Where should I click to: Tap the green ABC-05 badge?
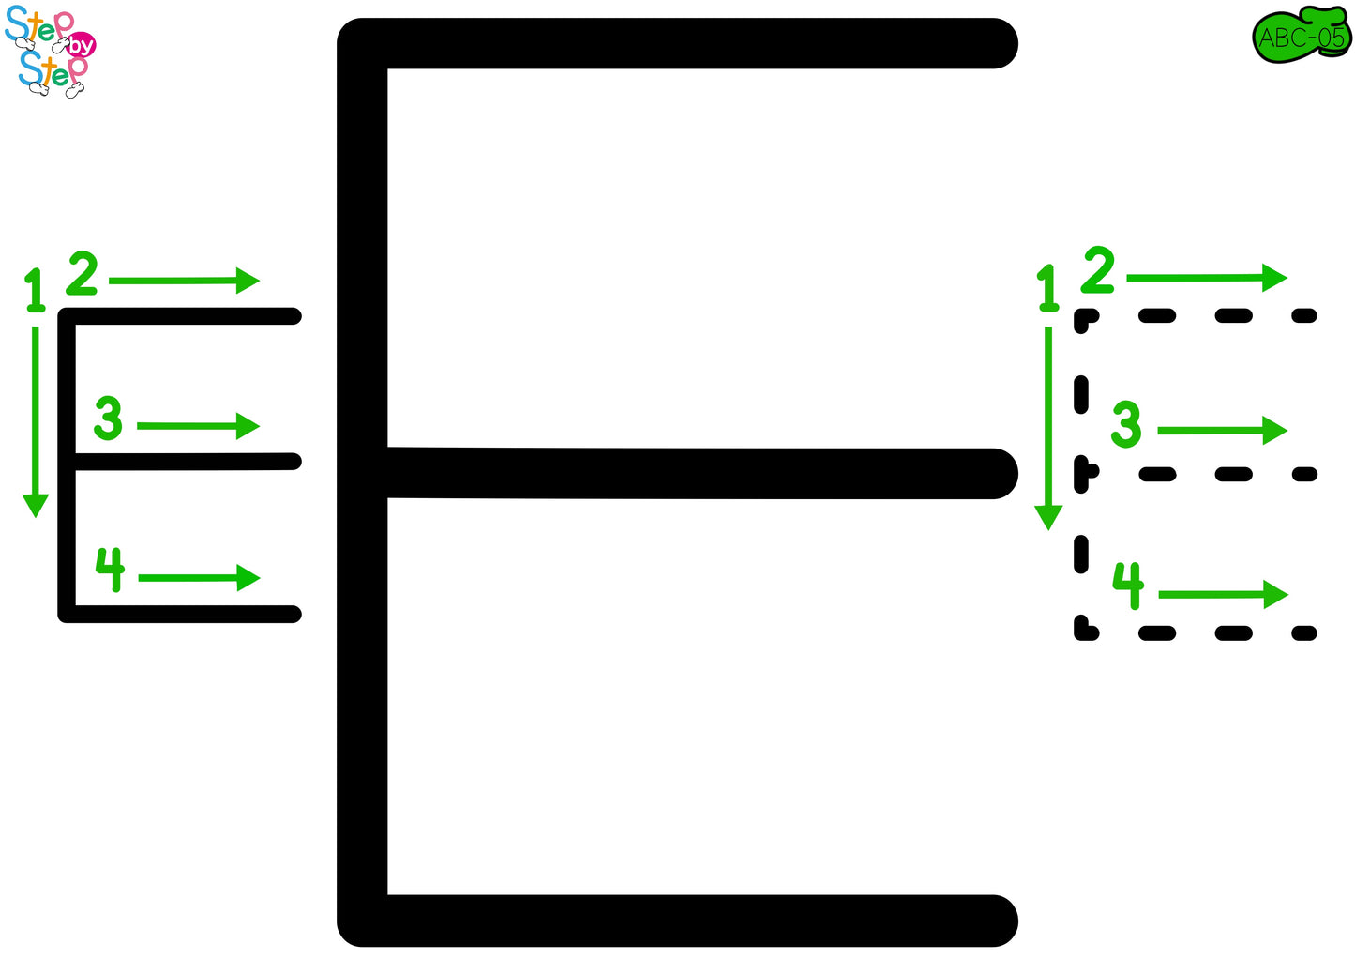[1302, 38]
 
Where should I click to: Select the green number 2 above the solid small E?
[83, 273]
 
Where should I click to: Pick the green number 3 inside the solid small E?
[108, 419]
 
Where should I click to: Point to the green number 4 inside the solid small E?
[110, 569]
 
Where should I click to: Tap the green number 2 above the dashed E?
[1098, 270]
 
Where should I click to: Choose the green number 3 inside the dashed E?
[1126, 423]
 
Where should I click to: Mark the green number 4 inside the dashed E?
[1128, 585]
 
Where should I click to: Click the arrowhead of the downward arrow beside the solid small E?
[36, 505]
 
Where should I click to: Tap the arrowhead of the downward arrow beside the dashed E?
[1048, 518]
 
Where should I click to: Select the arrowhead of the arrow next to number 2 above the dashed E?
[1276, 277]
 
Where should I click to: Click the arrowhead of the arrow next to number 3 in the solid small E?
[248, 426]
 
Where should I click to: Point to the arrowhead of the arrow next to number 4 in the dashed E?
[1277, 594]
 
